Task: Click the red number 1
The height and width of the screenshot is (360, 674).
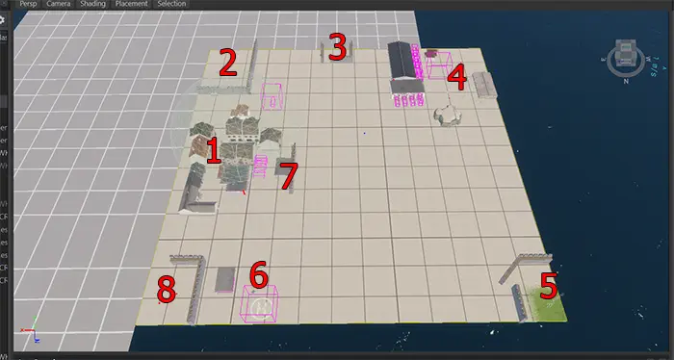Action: [x=213, y=151]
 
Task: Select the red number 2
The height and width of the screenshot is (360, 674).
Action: [x=228, y=62]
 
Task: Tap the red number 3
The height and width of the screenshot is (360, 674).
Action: [x=337, y=46]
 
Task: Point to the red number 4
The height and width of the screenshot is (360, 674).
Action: [x=458, y=76]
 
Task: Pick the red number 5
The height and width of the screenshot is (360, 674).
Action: [x=549, y=285]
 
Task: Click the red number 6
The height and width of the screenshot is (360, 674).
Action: [x=258, y=274]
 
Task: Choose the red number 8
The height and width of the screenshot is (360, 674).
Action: [x=167, y=288]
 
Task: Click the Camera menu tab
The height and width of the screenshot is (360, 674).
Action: [x=59, y=5]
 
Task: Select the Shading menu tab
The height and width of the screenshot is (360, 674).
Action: [x=92, y=5]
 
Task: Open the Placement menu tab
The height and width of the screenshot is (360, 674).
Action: [x=130, y=5]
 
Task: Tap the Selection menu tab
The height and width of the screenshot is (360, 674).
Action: [x=170, y=5]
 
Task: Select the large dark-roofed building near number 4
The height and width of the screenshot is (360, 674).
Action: [x=405, y=63]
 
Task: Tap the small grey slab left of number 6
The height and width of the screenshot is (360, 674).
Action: [x=225, y=279]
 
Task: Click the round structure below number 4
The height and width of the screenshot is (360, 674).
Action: [x=448, y=114]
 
